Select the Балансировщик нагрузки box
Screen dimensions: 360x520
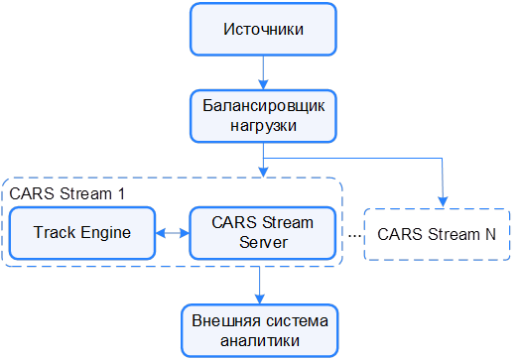pos(263,115)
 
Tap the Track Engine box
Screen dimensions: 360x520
pos(82,233)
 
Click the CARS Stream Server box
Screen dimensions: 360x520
pos(263,233)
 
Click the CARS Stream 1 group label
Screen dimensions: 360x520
pos(66,192)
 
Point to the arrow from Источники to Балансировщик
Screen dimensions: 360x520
pos(263,71)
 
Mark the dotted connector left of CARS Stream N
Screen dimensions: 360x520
pos(354,236)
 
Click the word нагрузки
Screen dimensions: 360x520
pos(263,126)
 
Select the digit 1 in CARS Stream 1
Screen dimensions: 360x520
pos(120,192)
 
